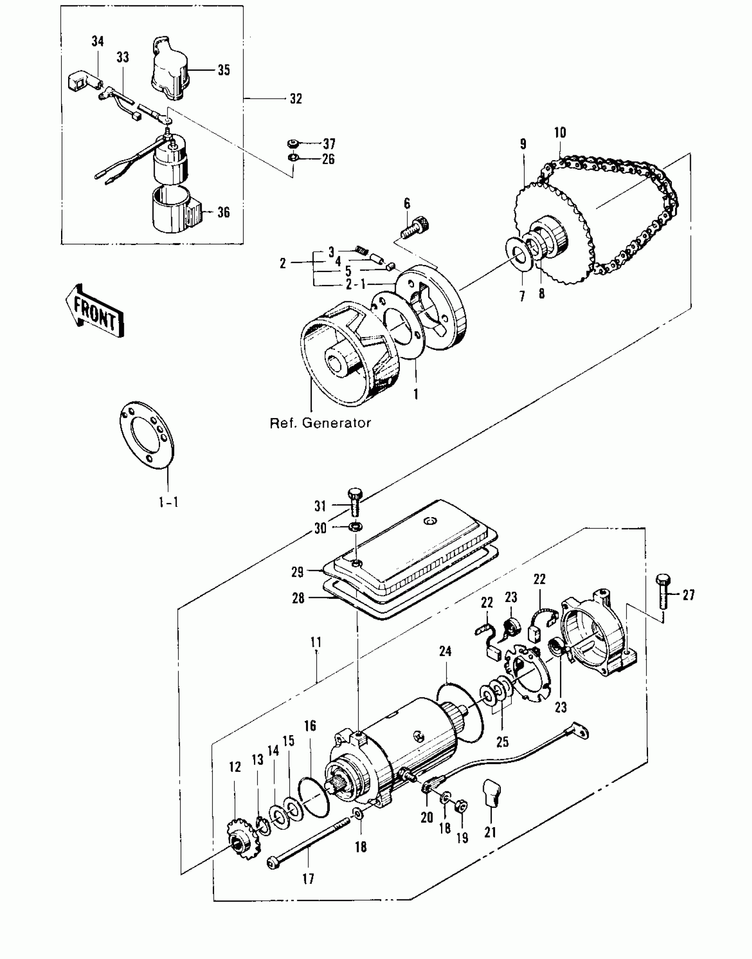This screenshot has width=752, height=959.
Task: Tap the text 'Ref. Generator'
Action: pyautogui.click(x=320, y=423)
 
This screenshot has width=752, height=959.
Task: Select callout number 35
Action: pyautogui.click(x=224, y=70)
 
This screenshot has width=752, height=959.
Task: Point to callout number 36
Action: pyautogui.click(x=224, y=212)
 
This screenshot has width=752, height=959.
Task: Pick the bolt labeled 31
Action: pyautogui.click(x=355, y=503)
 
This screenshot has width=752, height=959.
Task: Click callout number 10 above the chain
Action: pyautogui.click(x=560, y=132)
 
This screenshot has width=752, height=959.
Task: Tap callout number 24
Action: pyautogui.click(x=445, y=651)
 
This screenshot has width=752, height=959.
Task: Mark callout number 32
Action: pyautogui.click(x=296, y=99)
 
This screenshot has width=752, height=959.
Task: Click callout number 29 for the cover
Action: pyautogui.click(x=298, y=572)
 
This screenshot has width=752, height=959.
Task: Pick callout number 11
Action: pyautogui.click(x=316, y=642)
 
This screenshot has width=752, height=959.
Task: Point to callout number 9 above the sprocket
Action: pyautogui.click(x=523, y=144)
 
